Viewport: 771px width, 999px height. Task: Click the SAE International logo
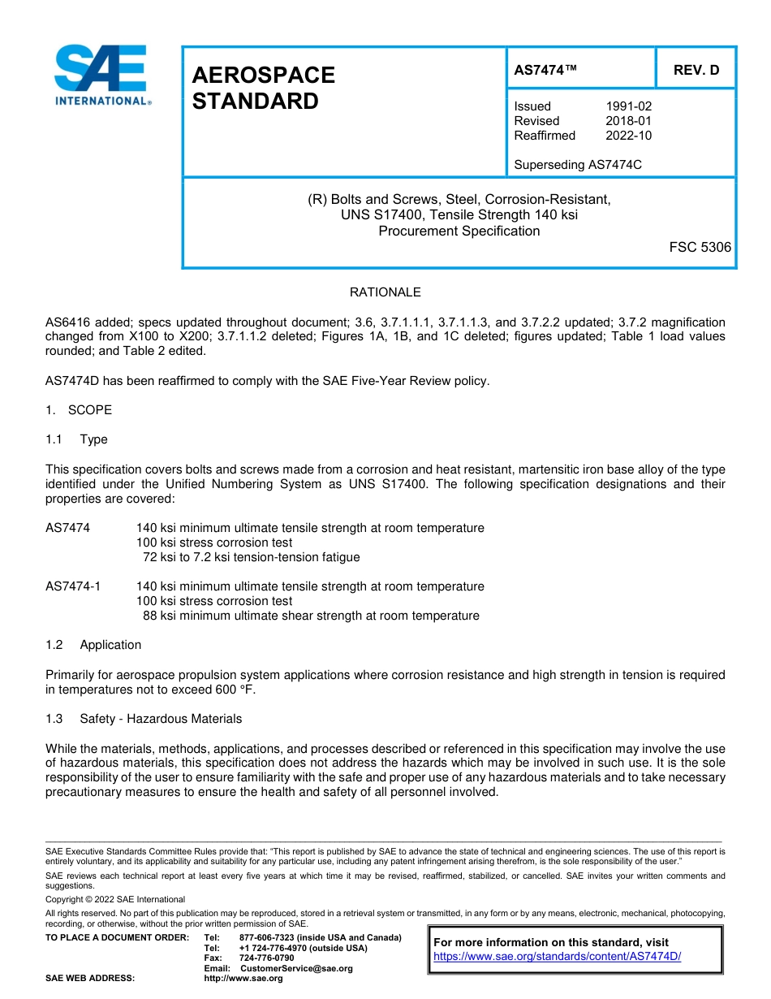point(101,75)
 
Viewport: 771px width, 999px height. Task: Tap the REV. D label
point(696,71)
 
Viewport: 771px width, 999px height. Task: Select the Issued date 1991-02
point(628,106)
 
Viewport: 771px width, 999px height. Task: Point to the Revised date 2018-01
point(628,121)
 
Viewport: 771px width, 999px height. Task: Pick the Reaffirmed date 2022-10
point(628,136)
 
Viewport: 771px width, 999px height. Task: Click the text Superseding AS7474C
point(578,165)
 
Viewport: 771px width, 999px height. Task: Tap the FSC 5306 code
point(700,247)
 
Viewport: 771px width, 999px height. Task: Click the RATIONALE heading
point(385,292)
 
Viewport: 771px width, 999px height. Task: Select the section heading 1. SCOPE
point(79,410)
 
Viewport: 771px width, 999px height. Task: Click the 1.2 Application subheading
point(94,645)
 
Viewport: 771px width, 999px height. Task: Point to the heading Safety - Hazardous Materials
point(161,719)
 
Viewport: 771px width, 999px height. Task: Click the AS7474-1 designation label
point(73,586)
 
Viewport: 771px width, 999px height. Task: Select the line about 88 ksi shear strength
point(311,616)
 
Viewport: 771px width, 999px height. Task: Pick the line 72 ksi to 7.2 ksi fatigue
point(251,557)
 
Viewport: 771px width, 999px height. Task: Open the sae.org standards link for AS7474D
point(557,957)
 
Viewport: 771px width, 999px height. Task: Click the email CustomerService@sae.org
point(296,968)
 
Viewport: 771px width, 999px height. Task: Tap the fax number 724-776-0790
point(266,958)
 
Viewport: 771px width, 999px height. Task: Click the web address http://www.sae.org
point(243,979)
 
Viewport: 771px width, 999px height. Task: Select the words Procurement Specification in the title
point(459,231)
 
